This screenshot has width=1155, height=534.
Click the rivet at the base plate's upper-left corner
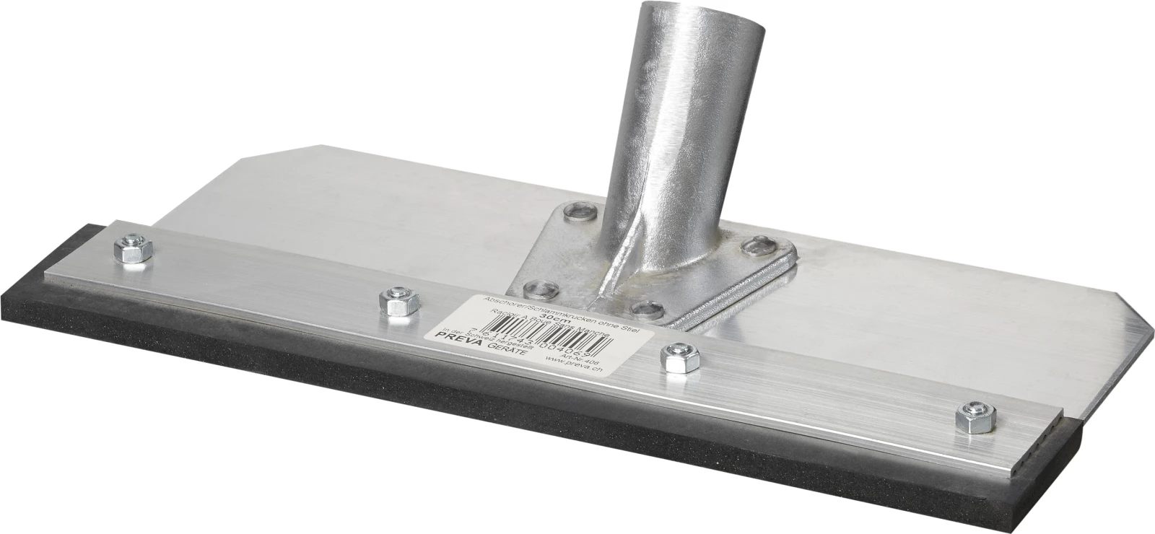click(x=580, y=212)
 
